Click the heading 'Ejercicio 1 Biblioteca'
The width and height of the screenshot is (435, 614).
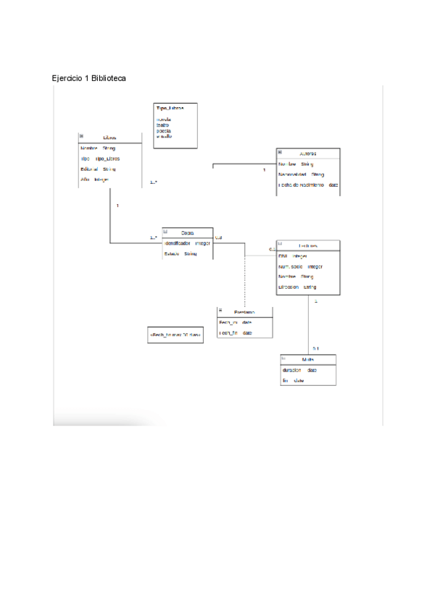click(x=89, y=77)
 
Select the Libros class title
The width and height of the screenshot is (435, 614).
click(x=109, y=138)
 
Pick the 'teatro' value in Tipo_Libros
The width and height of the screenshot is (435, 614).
click(x=163, y=125)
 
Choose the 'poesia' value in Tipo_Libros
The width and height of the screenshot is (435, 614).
click(x=164, y=130)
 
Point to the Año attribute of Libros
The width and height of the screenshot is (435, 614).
click(x=95, y=180)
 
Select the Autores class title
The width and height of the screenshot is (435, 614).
click(x=307, y=153)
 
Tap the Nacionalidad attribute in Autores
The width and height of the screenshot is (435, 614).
click(x=302, y=174)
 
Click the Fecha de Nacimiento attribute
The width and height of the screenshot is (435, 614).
click(x=308, y=185)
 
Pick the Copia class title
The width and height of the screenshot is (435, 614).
click(x=188, y=232)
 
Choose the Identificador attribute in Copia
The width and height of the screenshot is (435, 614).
click(x=188, y=243)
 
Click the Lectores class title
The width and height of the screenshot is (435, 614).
click(x=307, y=246)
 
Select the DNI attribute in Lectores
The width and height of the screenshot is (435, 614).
click(x=293, y=256)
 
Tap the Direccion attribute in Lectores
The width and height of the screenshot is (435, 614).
click(x=298, y=287)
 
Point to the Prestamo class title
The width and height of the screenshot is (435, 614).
click(x=244, y=312)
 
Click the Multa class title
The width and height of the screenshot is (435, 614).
click(x=308, y=360)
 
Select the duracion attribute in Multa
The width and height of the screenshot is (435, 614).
click(x=299, y=370)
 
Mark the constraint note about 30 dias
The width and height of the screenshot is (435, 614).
click(x=174, y=335)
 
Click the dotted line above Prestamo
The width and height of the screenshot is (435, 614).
click(x=245, y=282)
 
